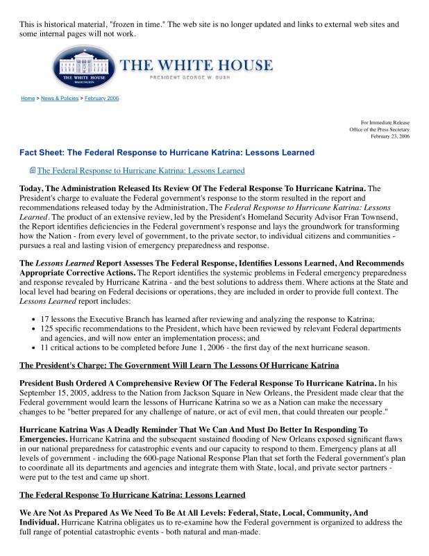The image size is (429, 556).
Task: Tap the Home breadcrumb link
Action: click(28, 98)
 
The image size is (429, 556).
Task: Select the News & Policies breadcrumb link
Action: click(60, 98)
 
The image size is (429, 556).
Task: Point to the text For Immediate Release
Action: click(385, 122)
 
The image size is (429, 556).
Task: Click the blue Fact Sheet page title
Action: click(167, 153)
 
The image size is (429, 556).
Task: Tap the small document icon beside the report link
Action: click(32, 170)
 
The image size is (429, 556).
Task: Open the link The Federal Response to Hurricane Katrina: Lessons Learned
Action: click(141, 170)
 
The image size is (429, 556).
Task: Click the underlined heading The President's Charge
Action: click(179, 366)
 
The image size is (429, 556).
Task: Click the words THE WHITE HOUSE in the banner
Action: click(197, 66)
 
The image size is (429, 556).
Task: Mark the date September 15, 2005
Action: click(53, 393)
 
